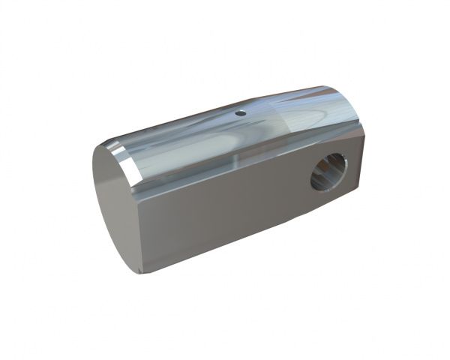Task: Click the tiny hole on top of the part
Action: tap(241, 114)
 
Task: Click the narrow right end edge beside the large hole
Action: tap(359, 161)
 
